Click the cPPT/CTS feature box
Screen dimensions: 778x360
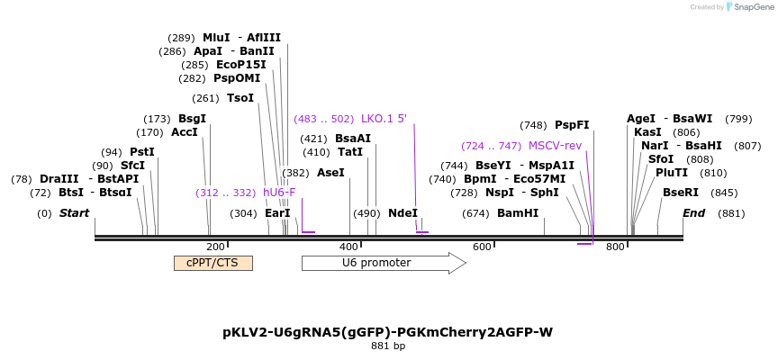(x=213, y=263)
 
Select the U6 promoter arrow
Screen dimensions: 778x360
(x=384, y=263)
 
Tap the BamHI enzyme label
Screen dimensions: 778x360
(x=518, y=213)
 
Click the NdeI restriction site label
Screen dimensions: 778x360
(x=403, y=213)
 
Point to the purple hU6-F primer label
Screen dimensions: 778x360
(x=279, y=193)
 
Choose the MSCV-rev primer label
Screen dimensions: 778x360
(x=555, y=146)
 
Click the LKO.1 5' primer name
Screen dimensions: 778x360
(x=384, y=119)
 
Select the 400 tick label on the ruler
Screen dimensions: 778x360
(x=349, y=247)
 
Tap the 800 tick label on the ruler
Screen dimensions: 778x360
(x=615, y=247)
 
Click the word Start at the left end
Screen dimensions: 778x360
(x=75, y=213)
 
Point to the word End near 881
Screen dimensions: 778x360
(x=693, y=213)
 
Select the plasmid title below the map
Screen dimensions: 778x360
(x=387, y=332)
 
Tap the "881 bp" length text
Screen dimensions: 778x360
(x=388, y=346)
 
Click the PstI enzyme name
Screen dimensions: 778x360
(x=142, y=151)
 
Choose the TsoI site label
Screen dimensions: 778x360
(x=240, y=98)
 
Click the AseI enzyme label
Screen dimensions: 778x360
(x=330, y=173)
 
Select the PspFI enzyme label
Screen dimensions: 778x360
(x=572, y=125)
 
